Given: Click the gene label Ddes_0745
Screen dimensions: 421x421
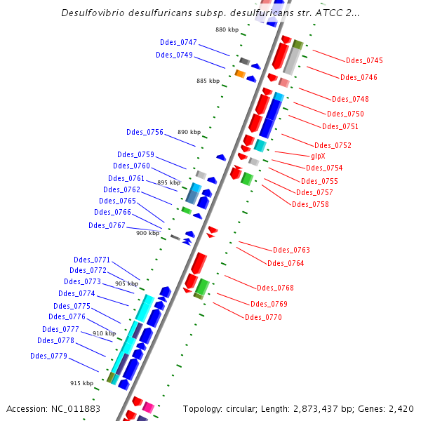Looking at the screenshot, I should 364,60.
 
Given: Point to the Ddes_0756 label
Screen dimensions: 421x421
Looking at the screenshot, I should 145,132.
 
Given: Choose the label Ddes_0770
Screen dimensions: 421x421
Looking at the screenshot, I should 263,317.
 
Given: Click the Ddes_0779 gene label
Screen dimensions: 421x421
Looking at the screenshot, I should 48,356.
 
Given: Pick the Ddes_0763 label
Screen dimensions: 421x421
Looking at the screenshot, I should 291,250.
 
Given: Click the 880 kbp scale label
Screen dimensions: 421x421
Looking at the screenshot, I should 227,29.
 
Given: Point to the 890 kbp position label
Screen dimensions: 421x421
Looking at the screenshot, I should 189,132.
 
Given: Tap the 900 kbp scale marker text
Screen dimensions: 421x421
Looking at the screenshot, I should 147,233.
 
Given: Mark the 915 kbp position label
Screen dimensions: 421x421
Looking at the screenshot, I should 81,383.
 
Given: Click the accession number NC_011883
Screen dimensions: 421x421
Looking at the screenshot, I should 53,408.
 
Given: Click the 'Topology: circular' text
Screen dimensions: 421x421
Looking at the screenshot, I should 218,408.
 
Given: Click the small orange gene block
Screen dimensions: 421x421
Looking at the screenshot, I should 239,74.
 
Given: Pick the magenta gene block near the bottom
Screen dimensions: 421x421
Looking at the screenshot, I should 148,406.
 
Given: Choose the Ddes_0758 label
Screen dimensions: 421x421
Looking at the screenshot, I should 310,204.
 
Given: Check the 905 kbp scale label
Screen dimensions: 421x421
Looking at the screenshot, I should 126,283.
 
